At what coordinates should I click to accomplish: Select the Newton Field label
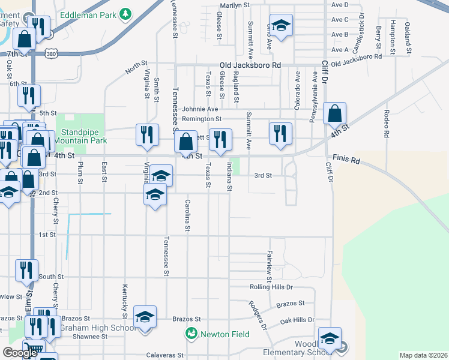217,332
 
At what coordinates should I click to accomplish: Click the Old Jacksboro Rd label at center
250,65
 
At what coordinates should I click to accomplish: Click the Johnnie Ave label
200,109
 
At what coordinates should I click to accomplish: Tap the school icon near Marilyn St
280,25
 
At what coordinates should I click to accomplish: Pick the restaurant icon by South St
26,270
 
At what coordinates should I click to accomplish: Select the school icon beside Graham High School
144,316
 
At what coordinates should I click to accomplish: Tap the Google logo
20,353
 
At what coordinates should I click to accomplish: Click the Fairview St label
270,266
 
